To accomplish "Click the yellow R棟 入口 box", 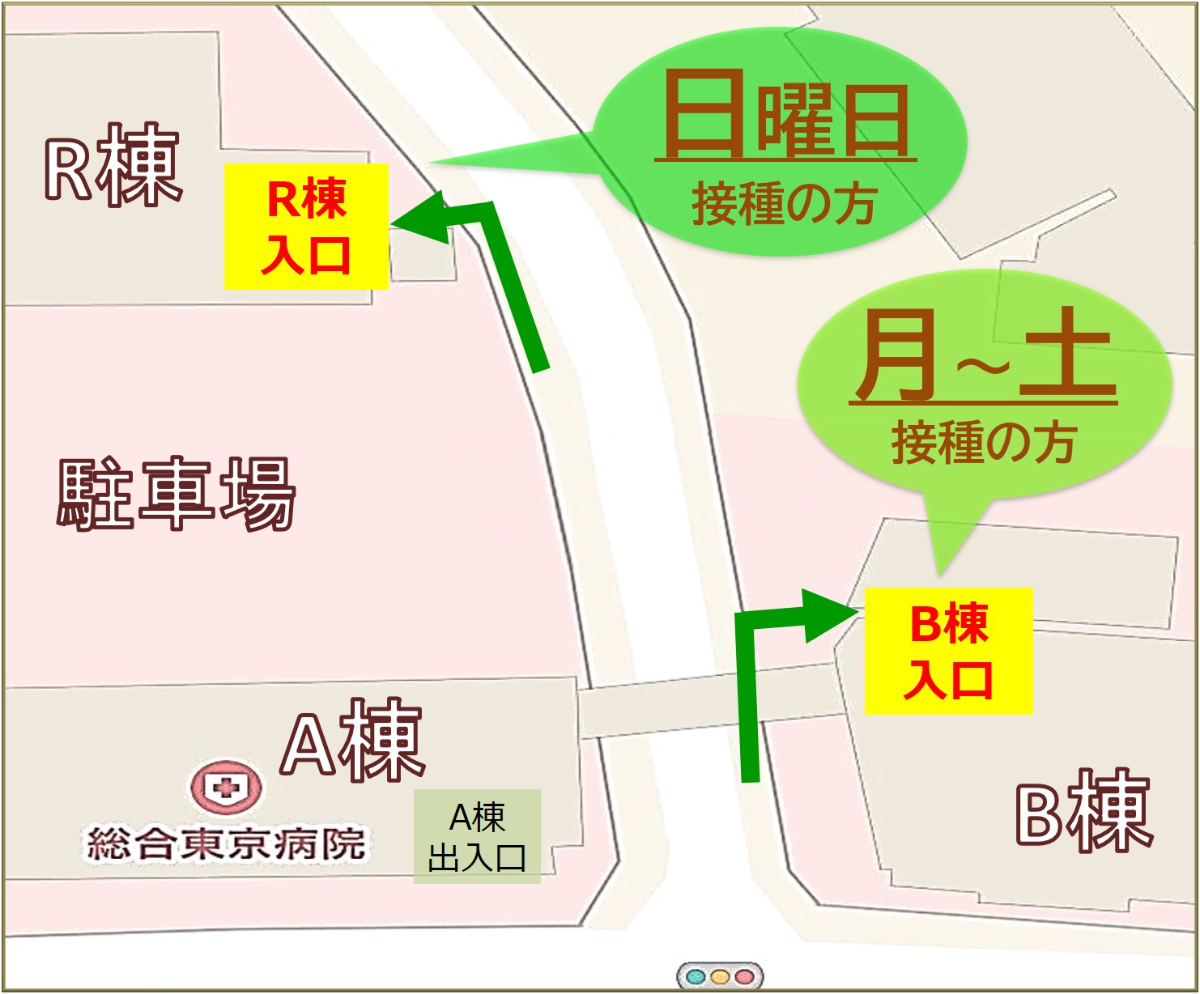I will tap(306, 226).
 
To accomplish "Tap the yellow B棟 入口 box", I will tap(948, 651).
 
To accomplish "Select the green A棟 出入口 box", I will tap(477, 836).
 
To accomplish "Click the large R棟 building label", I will tap(113, 167).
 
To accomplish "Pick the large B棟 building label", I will tap(1083, 812).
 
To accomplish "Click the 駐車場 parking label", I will tap(176, 493).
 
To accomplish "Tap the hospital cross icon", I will tap(226, 786).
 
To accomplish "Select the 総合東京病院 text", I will tap(226, 843).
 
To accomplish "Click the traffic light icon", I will tap(720, 976).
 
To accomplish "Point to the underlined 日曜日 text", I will tap(785, 117).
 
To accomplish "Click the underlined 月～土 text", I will tap(984, 357).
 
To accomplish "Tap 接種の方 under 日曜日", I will tap(784, 203).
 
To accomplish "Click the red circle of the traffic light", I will tap(744, 976).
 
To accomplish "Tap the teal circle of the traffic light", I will tap(696, 976).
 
